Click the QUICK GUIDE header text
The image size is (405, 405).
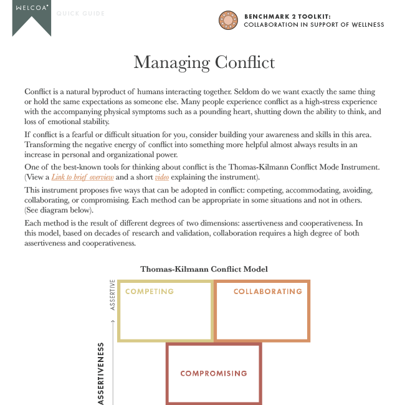pos(80,14)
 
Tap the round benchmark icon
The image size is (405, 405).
pos(229,21)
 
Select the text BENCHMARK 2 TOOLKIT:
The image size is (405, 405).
pos(287,17)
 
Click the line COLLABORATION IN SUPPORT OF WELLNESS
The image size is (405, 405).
pos(313,25)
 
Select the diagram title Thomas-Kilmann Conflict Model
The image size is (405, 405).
pos(204,269)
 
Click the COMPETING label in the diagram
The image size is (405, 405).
pos(150,292)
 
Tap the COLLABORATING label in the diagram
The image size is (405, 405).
pos(267,292)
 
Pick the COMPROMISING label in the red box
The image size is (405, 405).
pos(213,374)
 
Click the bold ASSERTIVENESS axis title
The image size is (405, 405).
pos(100,374)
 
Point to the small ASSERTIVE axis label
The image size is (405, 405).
pos(113,295)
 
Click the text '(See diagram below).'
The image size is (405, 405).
pos(59,210)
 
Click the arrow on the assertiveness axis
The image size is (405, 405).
pos(113,322)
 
